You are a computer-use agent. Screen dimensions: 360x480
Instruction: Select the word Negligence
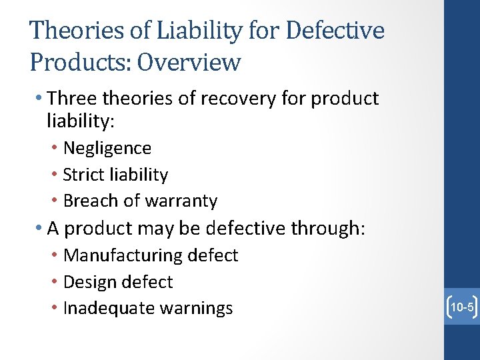click(107, 148)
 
